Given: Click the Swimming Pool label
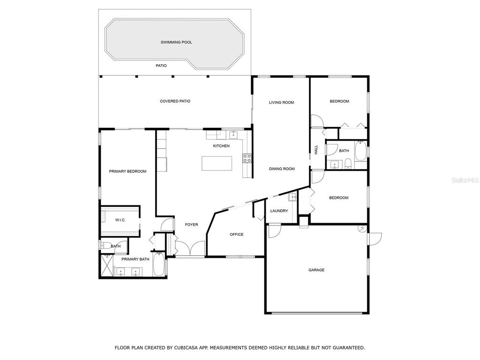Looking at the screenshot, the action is pyautogui.click(x=176, y=42).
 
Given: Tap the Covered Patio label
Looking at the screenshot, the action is pyautogui.click(x=175, y=101).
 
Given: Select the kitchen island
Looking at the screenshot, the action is pyautogui.click(x=217, y=164).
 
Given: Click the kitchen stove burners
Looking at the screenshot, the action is pyautogui.click(x=247, y=158).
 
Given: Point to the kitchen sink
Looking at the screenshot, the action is pyautogui.click(x=234, y=135).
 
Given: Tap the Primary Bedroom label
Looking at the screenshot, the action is pyautogui.click(x=127, y=172).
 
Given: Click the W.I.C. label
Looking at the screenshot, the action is pyautogui.click(x=120, y=220).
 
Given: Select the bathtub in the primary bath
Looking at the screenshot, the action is pyautogui.click(x=158, y=263).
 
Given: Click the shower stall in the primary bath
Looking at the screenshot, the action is pyautogui.click(x=107, y=265).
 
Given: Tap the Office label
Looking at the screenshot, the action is pyautogui.click(x=237, y=234).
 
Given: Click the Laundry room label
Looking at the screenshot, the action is pyautogui.click(x=279, y=211).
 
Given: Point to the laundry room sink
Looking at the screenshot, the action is pyautogui.click(x=292, y=197).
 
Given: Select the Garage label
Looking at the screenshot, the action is pyautogui.click(x=316, y=270).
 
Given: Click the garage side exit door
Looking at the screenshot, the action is pyautogui.click(x=374, y=239).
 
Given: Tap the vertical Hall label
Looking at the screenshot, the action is pyautogui.click(x=316, y=150).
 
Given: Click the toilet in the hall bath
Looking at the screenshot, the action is pyautogui.click(x=348, y=164).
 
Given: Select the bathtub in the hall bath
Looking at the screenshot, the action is pyautogui.click(x=360, y=150).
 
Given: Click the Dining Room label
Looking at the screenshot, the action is pyautogui.click(x=282, y=169).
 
